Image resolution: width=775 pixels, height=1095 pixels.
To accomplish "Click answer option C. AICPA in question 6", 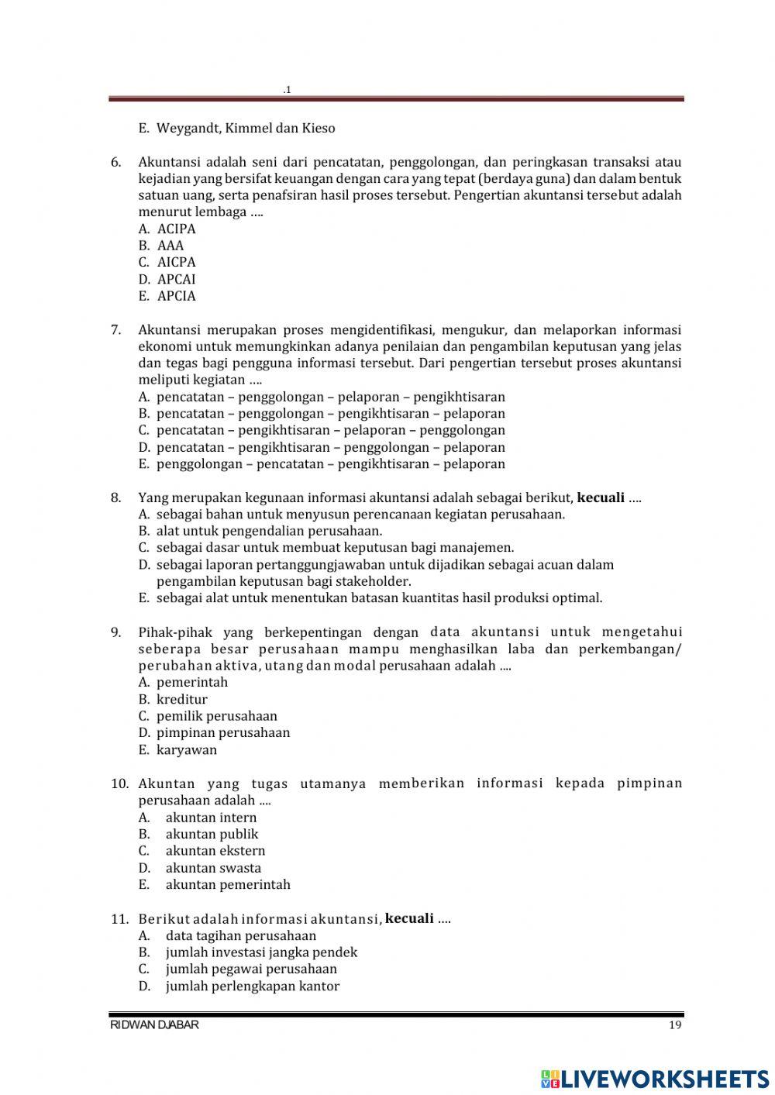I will [167, 262].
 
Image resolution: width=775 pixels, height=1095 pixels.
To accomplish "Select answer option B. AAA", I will [162, 246].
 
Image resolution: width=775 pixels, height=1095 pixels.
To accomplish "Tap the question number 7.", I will [115, 329].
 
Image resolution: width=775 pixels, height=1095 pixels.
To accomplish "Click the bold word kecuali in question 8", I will [601, 498].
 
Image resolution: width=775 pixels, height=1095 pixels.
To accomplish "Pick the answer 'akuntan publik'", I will [211, 834].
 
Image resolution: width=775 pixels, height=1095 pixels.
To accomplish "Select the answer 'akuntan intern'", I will [210, 818].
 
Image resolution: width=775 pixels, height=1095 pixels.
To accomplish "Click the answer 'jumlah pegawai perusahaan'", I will [250, 969].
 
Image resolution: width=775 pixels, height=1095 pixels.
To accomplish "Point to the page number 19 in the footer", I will [673, 1025].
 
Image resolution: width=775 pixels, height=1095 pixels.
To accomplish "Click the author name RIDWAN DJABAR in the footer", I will [154, 1025].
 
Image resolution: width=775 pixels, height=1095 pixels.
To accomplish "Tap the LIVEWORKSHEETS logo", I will [655, 1078].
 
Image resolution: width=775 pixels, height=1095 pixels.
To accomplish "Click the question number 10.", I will [119, 783].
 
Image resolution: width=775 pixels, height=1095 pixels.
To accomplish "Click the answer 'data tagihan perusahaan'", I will [240, 935].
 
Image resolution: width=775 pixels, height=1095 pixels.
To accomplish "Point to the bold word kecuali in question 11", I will [409, 918].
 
